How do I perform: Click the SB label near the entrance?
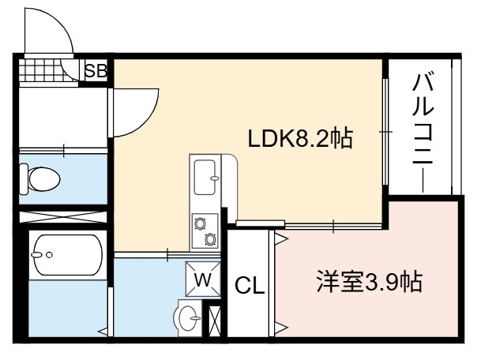[96, 71]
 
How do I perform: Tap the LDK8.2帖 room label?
[300, 139]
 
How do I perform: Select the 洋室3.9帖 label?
[370, 281]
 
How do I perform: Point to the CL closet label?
[250, 287]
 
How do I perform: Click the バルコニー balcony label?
[423, 131]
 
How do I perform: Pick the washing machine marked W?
[203, 279]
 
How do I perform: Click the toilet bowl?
[44, 179]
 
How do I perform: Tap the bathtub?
[69, 255]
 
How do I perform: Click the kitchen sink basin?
[205, 178]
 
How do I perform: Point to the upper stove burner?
[200, 223]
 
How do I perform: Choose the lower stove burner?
[210, 239]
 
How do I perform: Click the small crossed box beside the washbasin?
[214, 321]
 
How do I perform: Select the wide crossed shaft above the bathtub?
[63, 216]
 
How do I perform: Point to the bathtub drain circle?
[50, 254]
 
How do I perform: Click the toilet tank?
[24, 179]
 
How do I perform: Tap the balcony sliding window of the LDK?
[385, 132]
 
